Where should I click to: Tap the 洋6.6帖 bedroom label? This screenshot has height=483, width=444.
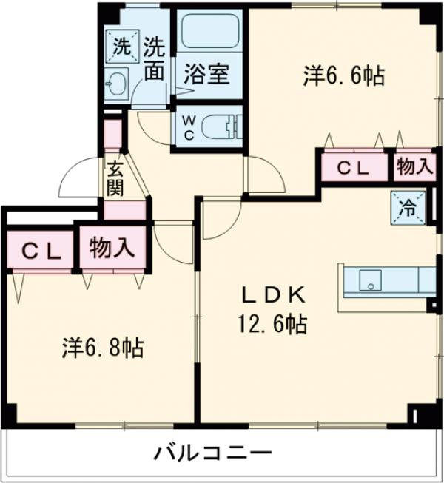coord(344,75)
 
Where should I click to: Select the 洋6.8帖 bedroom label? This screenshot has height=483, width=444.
coord(103,347)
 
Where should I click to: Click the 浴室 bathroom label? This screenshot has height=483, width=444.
coord(207,74)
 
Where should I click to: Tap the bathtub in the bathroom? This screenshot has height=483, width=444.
coord(210,31)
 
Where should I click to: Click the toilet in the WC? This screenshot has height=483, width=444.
coord(222,126)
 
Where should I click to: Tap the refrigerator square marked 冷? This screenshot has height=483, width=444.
coord(408,208)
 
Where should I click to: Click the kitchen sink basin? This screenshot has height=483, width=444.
coord(371,280)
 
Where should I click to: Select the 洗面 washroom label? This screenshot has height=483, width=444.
coord(155,59)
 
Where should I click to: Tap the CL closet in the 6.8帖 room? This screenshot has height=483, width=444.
coord(41,251)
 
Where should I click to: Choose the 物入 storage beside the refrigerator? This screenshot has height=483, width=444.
coord(414,166)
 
